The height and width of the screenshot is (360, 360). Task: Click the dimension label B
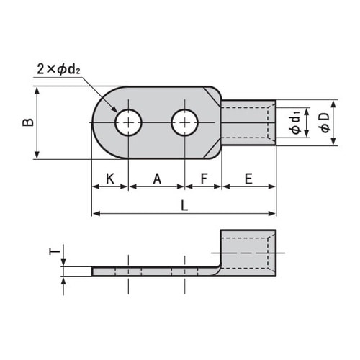27,122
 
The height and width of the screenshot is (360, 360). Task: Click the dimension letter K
109,178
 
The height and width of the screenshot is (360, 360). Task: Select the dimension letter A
157,178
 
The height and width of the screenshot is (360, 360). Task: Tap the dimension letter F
203,178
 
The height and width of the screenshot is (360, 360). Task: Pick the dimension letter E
248,178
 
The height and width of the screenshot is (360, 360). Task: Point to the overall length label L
184,205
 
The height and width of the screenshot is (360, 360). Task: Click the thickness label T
53,251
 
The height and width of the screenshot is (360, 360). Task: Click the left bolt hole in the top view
128,123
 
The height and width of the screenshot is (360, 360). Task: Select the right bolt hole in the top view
185,123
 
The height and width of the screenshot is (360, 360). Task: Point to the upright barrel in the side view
247,256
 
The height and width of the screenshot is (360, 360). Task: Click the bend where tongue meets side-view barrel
215,270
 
